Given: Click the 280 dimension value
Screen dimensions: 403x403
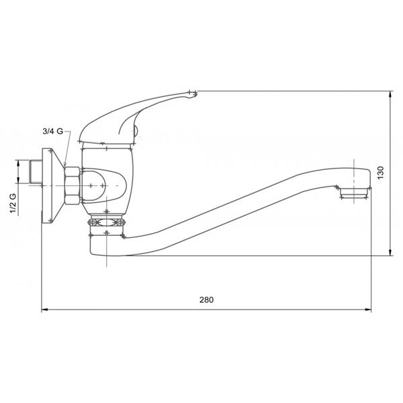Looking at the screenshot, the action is [x=206, y=300].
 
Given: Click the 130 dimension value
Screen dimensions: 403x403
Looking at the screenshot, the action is [x=380, y=173].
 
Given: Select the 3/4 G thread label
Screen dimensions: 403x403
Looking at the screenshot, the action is [x=52, y=132].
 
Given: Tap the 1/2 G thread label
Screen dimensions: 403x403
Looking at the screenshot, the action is [x=13, y=203].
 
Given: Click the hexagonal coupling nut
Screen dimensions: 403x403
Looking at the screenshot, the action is [x=72, y=185].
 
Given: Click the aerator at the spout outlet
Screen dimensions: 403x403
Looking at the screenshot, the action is [x=354, y=193].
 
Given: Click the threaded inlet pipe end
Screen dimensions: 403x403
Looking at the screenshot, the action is [x=36, y=172].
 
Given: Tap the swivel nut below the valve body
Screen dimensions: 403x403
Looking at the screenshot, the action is [x=107, y=222].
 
